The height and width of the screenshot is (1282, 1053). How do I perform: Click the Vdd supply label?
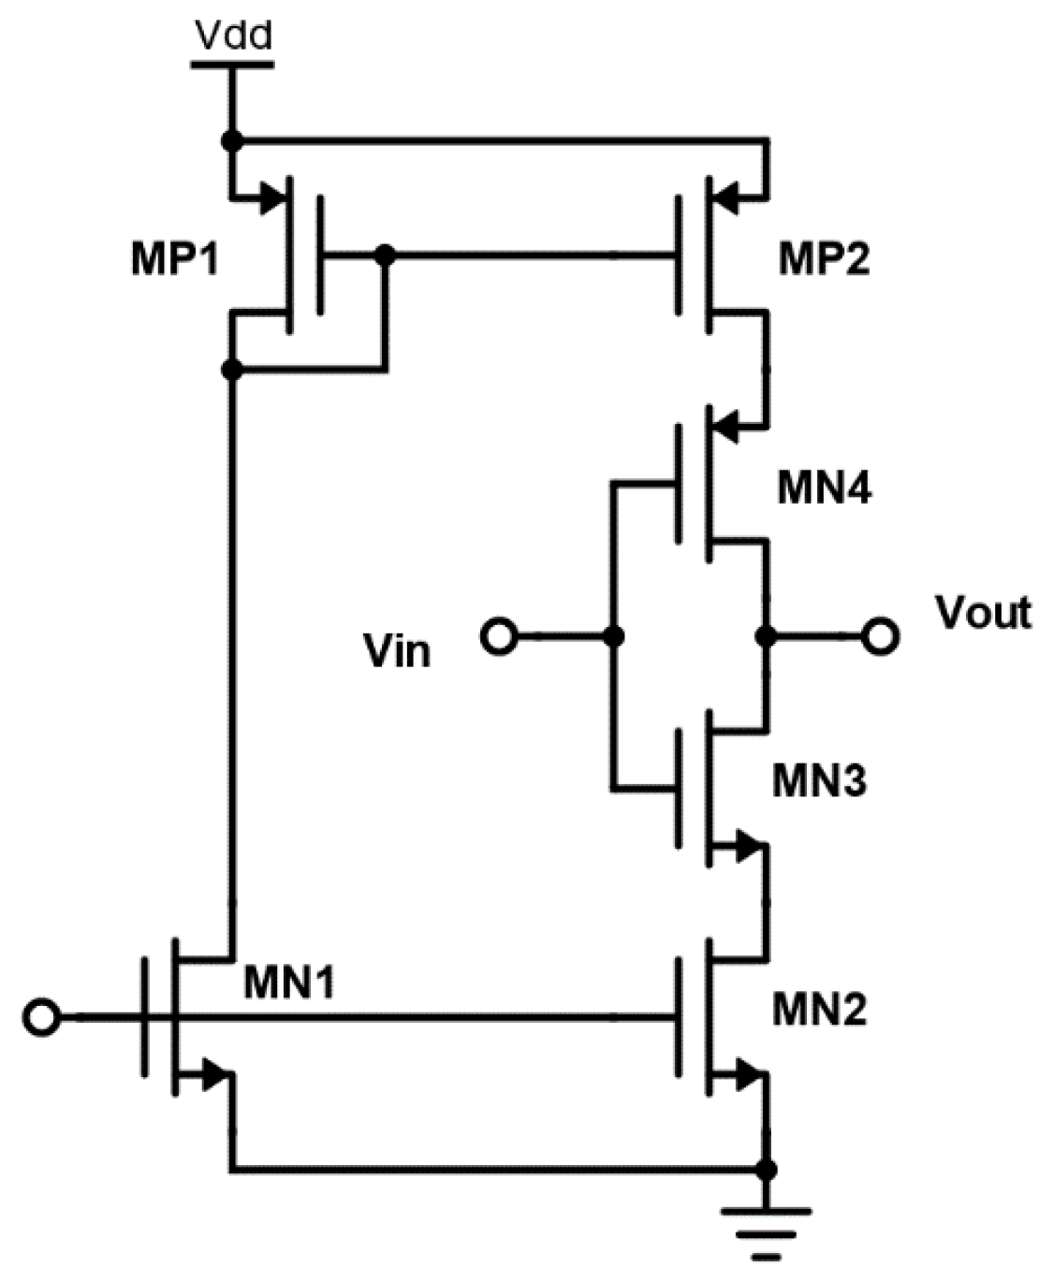[233, 36]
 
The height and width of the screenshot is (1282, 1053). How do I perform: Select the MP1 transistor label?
[175, 259]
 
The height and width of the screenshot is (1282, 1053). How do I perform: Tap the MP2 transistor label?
[824, 259]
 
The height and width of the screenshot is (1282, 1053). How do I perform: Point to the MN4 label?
[824, 488]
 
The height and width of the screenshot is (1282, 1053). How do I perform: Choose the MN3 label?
[820, 779]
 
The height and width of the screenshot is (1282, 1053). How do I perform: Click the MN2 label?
[820, 1009]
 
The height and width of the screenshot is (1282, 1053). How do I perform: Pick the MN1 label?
[289, 983]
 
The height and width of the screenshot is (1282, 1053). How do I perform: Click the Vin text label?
[398, 650]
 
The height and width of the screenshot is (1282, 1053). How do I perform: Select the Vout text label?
[983, 613]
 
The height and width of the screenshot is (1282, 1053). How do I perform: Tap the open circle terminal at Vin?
[498, 637]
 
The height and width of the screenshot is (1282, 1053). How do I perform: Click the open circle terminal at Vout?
[880, 637]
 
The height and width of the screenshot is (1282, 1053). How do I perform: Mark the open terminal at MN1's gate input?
[42, 1017]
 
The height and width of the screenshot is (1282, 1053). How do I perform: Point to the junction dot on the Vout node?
[767, 637]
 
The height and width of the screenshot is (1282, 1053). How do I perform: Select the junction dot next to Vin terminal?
[614, 637]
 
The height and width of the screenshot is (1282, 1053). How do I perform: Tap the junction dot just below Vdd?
[232, 141]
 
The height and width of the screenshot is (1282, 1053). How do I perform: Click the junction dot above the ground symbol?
[767, 1170]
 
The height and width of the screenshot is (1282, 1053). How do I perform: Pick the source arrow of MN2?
[747, 1076]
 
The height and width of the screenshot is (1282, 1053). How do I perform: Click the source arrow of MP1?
[271, 197]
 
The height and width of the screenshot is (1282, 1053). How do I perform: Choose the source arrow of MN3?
[747, 848]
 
